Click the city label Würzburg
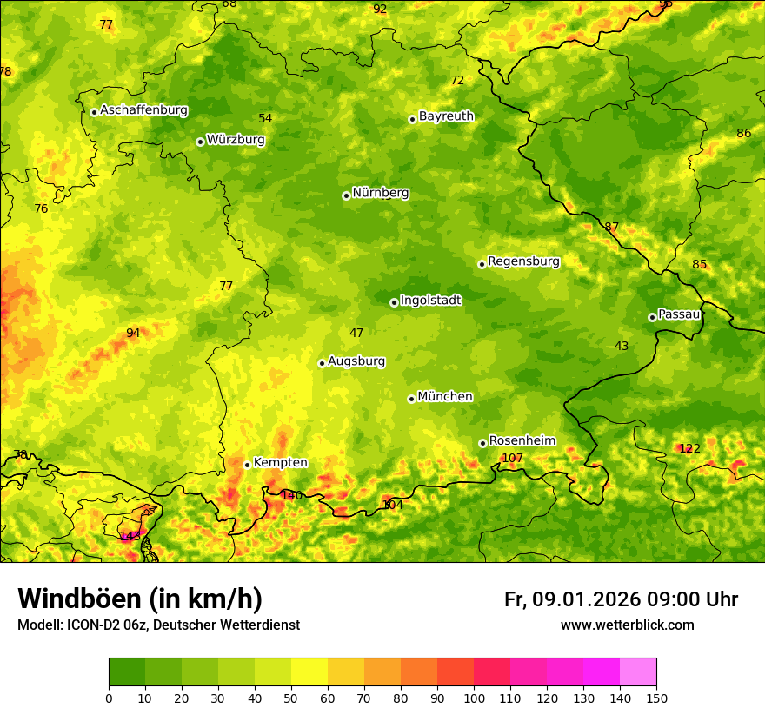[236, 140]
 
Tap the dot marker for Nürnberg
[346, 195]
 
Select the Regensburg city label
[523, 261]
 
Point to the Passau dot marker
[652, 317]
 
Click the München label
[445, 397]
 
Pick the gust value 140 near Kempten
[291, 496]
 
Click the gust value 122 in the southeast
[689, 449]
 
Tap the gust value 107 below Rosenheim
[512, 459]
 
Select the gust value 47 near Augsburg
[356, 334]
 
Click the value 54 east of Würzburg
[265, 119]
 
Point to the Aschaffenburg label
[143, 110]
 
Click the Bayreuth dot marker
[412, 119]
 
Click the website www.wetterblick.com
[627, 625]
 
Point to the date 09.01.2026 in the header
[586, 599]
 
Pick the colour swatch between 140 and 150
[638, 671]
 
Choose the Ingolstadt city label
[430, 301]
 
